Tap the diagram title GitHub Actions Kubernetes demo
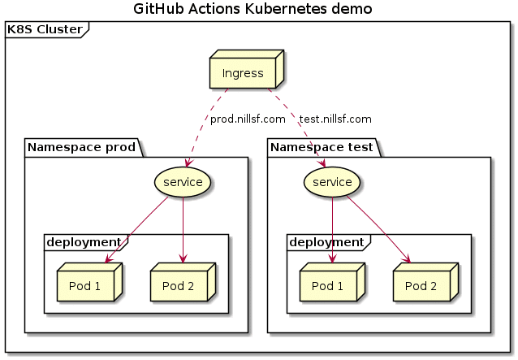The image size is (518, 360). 253,9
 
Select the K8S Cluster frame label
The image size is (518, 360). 45,29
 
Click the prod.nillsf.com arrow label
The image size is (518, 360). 248,119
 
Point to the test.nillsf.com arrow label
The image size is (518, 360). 335,119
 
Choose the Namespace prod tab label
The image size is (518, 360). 82,147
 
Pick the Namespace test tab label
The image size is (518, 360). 322,147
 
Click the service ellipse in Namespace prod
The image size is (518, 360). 183,182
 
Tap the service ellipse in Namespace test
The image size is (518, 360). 332,182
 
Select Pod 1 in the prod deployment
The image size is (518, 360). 89,282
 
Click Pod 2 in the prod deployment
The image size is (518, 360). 183,282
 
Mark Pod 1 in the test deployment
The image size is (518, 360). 332,282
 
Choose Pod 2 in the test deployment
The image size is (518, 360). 425,282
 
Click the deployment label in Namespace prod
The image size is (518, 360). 84,242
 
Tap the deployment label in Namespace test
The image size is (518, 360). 326,242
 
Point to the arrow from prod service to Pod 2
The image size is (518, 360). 183,230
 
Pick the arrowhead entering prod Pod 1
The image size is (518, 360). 108,260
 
